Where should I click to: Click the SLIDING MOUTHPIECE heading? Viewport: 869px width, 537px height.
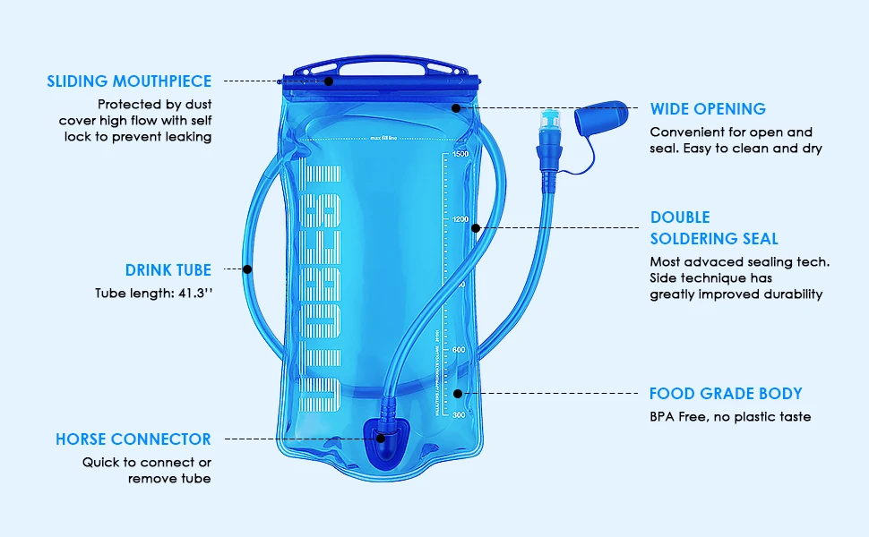tap(130, 81)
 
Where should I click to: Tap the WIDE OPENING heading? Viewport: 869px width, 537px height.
tap(708, 109)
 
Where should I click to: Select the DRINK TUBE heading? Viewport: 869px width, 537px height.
tap(168, 269)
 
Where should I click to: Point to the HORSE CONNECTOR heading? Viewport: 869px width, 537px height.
tap(133, 439)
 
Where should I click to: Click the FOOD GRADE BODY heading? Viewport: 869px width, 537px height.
tap(726, 394)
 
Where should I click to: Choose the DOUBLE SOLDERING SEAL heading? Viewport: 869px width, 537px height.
tap(714, 228)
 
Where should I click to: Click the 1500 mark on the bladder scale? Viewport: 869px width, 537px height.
tap(460, 154)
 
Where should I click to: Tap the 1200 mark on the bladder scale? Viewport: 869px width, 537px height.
tap(460, 219)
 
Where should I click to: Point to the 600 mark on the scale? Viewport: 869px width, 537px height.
tap(459, 350)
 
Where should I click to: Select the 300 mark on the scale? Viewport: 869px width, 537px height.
tap(459, 415)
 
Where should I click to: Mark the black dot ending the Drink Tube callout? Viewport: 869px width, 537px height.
tap(248, 268)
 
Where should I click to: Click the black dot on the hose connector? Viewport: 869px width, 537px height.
tap(381, 439)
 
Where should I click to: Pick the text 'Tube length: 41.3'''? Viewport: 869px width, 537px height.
tap(153, 293)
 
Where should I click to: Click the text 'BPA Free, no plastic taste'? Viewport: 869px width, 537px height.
tap(730, 417)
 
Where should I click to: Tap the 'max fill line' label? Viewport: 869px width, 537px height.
tap(383, 139)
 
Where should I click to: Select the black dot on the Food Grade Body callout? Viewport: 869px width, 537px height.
tap(458, 393)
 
